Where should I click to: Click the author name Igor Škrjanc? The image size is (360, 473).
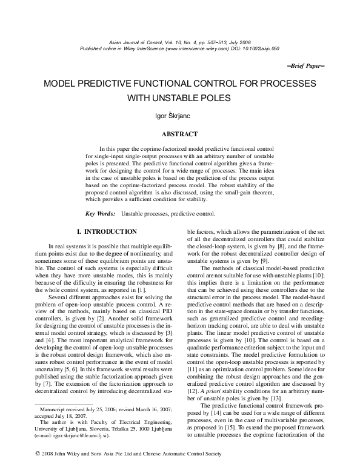pyautogui.click(x=179, y=114)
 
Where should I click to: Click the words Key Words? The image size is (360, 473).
pyautogui.click(x=100, y=213)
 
